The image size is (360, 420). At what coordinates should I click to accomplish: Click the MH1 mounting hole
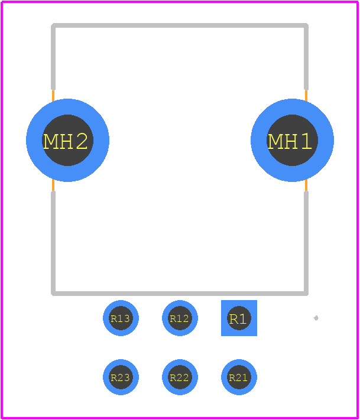pos(292,140)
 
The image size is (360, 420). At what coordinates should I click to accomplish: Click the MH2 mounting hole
pos(67,140)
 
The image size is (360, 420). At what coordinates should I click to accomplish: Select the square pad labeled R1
pos(239,318)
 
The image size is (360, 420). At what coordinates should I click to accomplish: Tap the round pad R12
pos(180,318)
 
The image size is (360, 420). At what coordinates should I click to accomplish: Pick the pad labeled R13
pos(121,318)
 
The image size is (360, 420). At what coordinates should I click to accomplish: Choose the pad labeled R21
pos(239,377)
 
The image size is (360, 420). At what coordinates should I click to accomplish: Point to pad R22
pos(180,377)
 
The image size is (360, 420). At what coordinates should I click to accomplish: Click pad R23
pos(121,377)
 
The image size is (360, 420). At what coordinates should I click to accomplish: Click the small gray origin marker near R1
pos(316,318)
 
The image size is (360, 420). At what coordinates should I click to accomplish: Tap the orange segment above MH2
pos(53,96)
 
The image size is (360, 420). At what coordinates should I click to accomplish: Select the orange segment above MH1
pos(306,96)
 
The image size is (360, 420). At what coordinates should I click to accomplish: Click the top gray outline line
pos(180,25)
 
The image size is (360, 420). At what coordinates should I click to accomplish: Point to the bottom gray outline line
pos(180,294)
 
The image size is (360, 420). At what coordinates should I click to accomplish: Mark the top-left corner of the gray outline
pos(53,25)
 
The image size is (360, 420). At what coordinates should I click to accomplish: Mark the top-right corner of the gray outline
pos(306,25)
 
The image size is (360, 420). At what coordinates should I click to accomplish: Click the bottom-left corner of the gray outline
pos(53,294)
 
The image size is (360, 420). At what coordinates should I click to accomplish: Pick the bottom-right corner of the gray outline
pos(306,294)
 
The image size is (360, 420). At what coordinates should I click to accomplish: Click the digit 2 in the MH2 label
pos(82,141)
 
